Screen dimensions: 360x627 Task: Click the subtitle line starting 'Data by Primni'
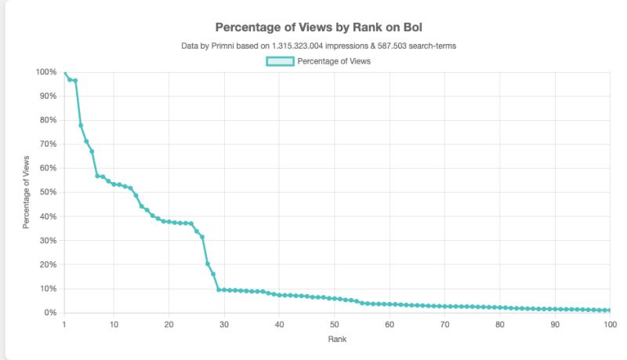317,45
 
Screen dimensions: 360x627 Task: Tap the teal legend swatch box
280,62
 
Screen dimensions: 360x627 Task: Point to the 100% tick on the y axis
45,72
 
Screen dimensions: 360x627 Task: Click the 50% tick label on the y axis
47,192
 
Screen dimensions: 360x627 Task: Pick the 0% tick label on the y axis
49,313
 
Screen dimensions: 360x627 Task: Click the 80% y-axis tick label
47,120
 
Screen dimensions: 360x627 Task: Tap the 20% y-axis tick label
47,264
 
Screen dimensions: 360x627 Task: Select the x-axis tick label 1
64,324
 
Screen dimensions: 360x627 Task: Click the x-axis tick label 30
224,324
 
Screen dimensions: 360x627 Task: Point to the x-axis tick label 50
335,324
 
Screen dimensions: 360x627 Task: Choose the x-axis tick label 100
607,324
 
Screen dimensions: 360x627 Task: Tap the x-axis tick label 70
444,324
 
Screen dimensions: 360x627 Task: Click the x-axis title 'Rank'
336,340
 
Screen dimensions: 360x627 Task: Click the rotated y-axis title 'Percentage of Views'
26,192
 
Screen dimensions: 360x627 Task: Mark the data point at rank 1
64,72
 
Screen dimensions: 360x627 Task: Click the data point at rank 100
609,311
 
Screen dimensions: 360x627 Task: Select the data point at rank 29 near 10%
219,289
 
